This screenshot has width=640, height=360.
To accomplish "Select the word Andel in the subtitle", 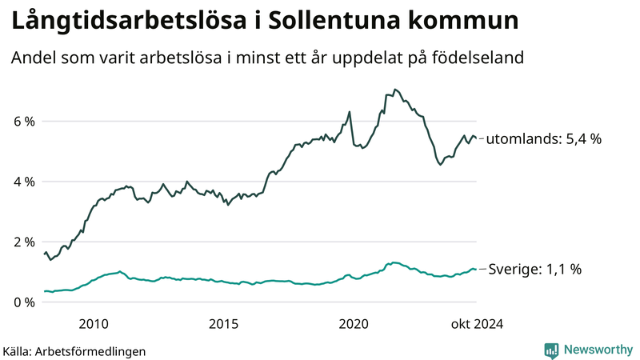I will [x=33, y=59].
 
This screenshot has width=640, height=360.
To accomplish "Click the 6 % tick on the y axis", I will [x=23, y=122].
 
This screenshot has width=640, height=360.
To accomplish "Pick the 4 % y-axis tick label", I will [x=23, y=182].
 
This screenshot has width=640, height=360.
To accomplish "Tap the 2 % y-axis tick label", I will [x=23, y=242].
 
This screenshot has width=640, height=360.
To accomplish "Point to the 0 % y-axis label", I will [x=23, y=302].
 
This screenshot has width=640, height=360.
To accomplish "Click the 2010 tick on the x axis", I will [x=94, y=323].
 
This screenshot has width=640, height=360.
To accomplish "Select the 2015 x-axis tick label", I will [x=223, y=323].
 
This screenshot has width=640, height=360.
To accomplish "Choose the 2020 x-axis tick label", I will [x=354, y=323].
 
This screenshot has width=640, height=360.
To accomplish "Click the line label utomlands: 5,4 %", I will [x=544, y=138].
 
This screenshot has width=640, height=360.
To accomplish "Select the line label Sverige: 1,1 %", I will [x=534, y=269].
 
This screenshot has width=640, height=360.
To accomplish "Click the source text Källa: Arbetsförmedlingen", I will [x=74, y=350].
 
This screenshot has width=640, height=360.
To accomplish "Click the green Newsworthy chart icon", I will [x=551, y=350].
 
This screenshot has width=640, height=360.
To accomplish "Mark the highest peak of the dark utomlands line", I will [x=395, y=90].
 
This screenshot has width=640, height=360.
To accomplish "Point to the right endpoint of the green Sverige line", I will [x=476, y=269].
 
